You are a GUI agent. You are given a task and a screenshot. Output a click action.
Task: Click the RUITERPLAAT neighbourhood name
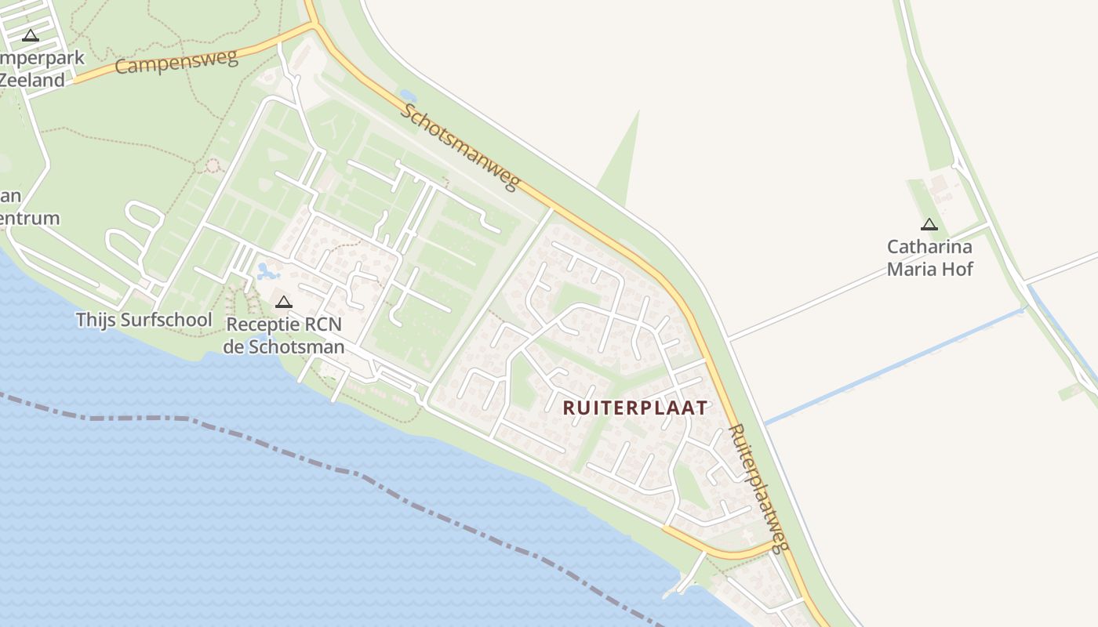[x=635, y=408]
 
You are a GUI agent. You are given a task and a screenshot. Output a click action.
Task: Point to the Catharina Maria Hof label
[x=929, y=258]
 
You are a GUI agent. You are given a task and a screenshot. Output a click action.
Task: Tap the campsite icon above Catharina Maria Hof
[x=929, y=225]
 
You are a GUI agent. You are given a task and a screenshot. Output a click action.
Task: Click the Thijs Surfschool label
[x=144, y=320]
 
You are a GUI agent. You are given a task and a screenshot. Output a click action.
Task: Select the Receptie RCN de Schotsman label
[x=283, y=335]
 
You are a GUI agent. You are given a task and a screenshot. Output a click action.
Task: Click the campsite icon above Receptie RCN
[x=283, y=303]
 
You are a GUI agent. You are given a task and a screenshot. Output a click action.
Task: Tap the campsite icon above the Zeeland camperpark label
[x=31, y=35]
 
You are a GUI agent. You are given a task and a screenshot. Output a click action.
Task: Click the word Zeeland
[x=31, y=80]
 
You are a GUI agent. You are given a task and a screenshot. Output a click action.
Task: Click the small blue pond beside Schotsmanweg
[x=408, y=96]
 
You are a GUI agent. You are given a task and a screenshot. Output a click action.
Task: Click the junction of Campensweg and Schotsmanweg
[x=315, y=26]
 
